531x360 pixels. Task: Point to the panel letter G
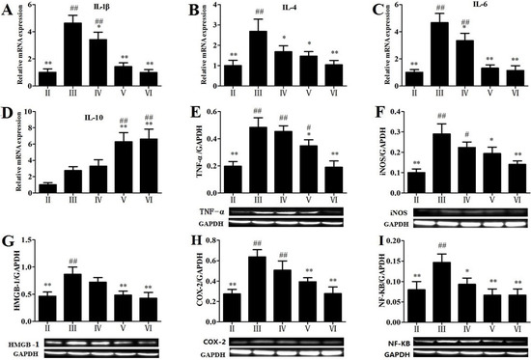9,242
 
